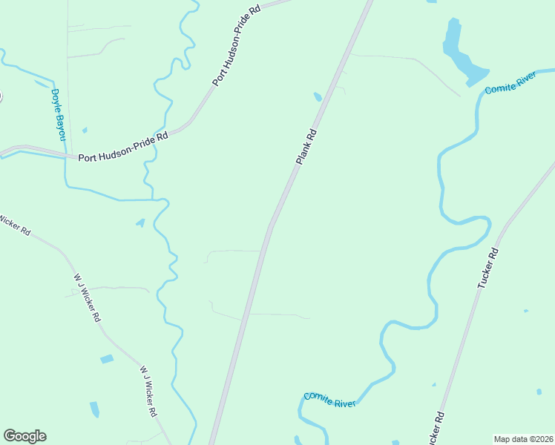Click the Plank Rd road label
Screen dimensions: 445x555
point(306,147)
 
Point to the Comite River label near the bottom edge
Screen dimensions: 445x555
point(329,399)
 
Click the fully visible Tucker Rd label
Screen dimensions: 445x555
point(489,268)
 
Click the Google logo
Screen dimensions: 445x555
point(24,436)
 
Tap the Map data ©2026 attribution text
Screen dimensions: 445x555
point(523,439)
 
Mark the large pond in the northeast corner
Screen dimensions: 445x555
point(460,52)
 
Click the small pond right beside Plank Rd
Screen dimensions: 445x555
point(318,96)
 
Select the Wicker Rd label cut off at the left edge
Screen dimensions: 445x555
point(15,225)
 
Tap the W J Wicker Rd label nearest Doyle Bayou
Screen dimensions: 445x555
point(88,297)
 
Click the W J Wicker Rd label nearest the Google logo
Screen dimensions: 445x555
point(148,391)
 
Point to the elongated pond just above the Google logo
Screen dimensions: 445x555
point(94,409)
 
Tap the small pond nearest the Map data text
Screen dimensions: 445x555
point(539,391)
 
